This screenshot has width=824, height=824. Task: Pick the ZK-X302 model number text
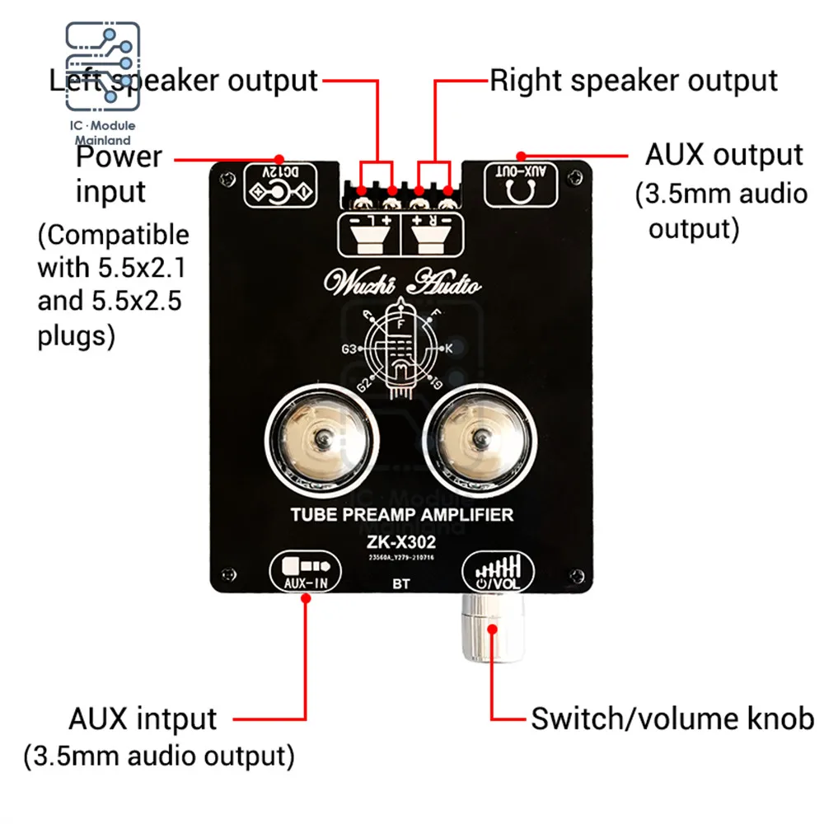403,543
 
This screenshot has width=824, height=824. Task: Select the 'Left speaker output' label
183,81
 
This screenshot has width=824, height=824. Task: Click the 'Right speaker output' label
634,81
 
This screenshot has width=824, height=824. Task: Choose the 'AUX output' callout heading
723,155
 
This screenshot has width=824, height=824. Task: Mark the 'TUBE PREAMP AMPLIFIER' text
402,515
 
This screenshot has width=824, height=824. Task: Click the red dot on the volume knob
493,630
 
